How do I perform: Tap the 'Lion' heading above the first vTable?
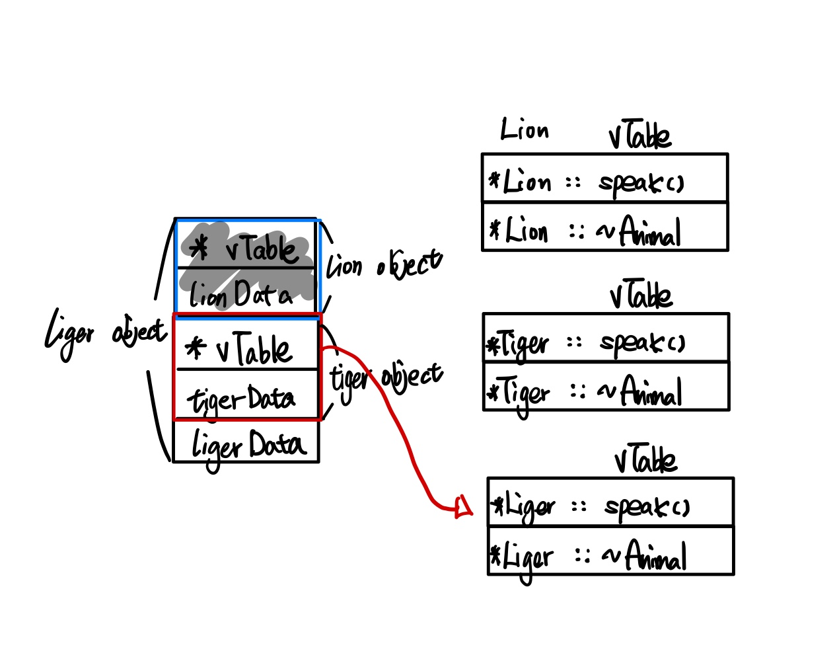click(x=525, y=129)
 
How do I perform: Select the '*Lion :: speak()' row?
click(x=604, y=179)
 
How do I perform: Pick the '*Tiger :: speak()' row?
click(x=606, y=339)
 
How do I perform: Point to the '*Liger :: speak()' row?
click(x=610, y=503)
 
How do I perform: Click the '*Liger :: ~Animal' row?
click(x=610, y=551)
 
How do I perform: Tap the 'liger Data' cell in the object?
click(x=246, y=442)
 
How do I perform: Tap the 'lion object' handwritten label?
click(x=384, y=264)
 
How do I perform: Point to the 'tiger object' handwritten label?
click(x=386, y=376)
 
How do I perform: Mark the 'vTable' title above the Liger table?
click(x=645, y=459)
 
